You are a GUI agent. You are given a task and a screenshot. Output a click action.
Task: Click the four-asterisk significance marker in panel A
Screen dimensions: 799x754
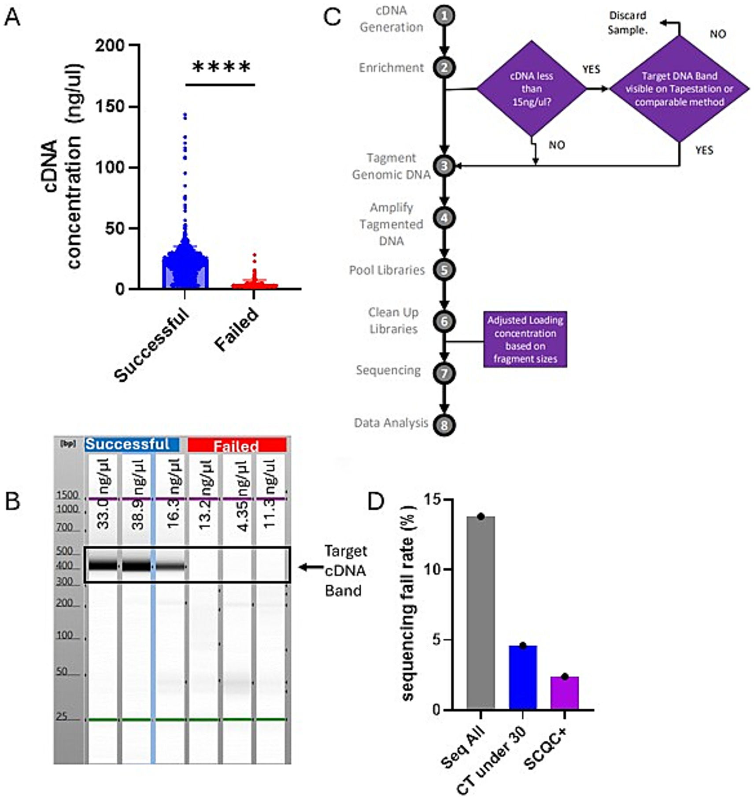[x=222, y=67]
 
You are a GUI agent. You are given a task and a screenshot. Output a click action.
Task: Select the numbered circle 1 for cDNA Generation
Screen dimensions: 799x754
[x=444, y=16]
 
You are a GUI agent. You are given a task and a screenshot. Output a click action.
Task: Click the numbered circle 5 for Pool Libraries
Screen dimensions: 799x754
[x=444, y=270]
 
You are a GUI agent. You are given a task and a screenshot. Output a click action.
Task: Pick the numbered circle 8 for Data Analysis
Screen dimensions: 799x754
[x=444, y=425]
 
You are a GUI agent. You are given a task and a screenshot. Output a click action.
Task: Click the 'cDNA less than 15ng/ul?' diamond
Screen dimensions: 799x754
[x=532, y=89]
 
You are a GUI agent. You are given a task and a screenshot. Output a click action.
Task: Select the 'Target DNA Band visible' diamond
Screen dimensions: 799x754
[x=679, y=89]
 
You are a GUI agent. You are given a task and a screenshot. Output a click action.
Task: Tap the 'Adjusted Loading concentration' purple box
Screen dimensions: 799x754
[x=525, y=339]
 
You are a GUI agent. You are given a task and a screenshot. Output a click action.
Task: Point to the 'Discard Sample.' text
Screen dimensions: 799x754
[x=627, y=23]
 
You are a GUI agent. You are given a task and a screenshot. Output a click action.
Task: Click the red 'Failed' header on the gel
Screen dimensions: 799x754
[x=237, y=446]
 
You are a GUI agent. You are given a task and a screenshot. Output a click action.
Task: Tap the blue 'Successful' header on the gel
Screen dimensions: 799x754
[x=131, y=444]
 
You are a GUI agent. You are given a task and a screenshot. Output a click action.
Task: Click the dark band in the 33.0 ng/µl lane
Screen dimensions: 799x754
[x=103, y=565]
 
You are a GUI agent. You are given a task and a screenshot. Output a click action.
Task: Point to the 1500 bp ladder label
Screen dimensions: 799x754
[x=67, y=495]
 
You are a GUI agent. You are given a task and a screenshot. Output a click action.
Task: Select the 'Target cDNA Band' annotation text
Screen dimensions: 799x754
[x=345, y=571]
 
